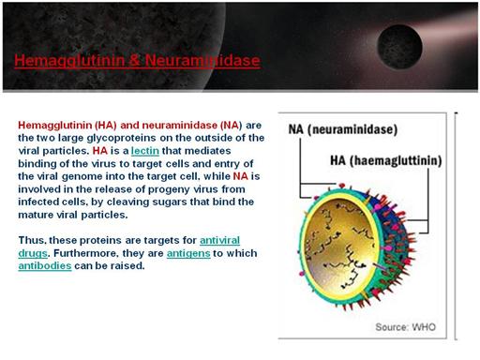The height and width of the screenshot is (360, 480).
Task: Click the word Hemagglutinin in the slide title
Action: (69, 61)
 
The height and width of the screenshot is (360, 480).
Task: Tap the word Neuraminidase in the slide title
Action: (202, 60)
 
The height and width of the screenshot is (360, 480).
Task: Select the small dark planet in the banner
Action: (399, 47)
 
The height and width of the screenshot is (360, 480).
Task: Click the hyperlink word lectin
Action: (145, 151)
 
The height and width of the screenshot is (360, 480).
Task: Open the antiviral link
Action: (219, 240)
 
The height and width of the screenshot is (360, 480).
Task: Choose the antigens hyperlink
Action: (188, 253)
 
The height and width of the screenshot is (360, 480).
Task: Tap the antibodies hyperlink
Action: (45, 265)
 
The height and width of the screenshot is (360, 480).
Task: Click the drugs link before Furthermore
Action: (33, 253)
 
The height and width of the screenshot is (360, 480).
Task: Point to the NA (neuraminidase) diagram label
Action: (343, 129)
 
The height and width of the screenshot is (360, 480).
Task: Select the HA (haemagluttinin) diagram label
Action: (386, 160)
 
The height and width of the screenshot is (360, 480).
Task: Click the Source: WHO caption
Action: (405, 327)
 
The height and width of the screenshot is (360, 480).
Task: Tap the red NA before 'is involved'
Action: (240, 176)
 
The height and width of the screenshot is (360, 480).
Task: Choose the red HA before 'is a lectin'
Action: (100, 151)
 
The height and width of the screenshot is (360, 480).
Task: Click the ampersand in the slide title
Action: (135, 60)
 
